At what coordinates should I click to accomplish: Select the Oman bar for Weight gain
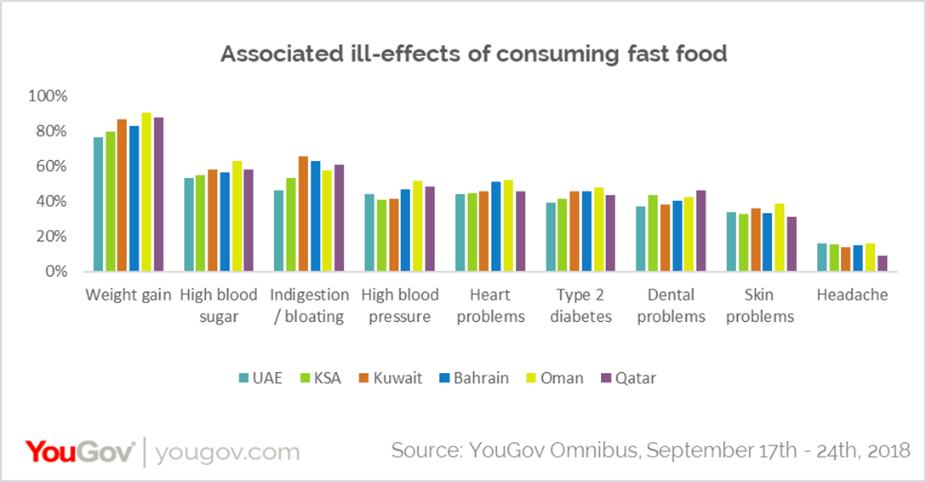[x=146, y=192]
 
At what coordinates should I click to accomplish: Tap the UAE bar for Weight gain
[x=98, y=204]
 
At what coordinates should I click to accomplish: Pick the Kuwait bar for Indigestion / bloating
[x=302, y=214]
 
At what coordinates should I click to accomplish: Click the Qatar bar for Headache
[x=883, y=263]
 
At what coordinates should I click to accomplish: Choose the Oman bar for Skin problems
[x=779, y=238]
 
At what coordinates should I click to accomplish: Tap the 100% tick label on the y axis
[x=47, y=96]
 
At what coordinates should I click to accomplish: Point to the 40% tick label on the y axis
[x=50, y=202]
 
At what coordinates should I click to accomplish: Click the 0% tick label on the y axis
[x=54, y=272]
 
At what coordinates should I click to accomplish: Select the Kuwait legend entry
[x=389, y=377]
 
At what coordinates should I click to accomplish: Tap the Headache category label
[x=852, y=296]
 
